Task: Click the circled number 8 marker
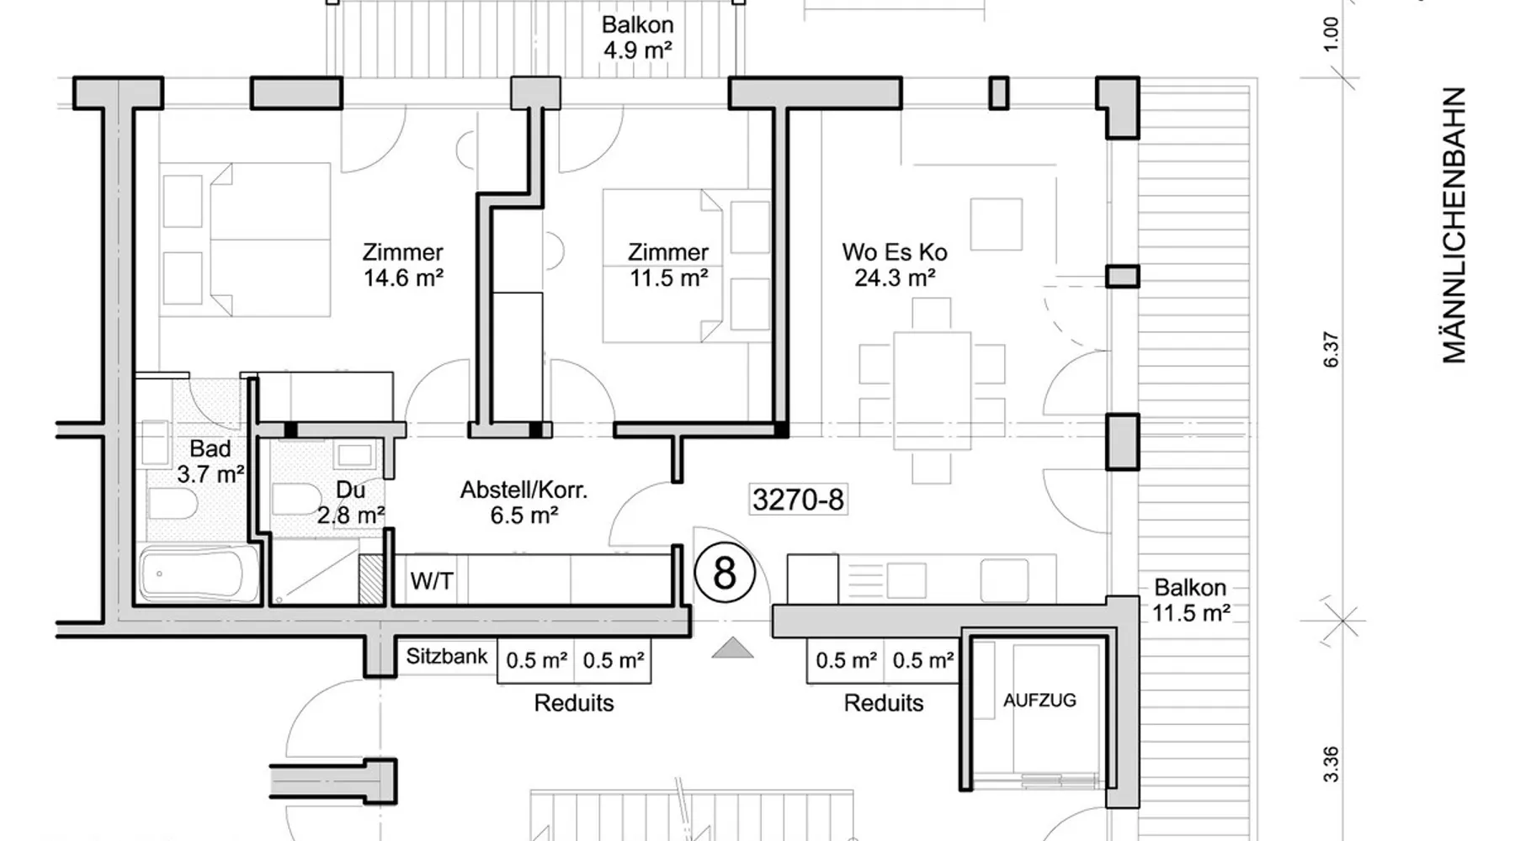(x=725, y=574)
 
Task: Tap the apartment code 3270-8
(x=798, y=500)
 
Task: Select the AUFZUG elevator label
(x=1039, y=700)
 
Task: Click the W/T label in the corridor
(x=432, y=580)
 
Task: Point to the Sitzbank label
(x=447, y=656)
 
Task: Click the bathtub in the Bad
(x=199, y=574)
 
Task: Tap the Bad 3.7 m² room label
(x=210, y=461)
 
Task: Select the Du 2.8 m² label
(x=351, y=502)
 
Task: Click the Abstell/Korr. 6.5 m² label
(x=524, y=502)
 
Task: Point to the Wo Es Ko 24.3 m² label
(x=895, y=265)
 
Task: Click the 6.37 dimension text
(x=1331, y=349)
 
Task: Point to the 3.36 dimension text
(x=1331, y=764)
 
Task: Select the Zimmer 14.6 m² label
(x=403, y=265)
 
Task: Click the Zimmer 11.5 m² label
(x=668, y=265)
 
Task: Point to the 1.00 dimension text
(x=1331, y=34)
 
